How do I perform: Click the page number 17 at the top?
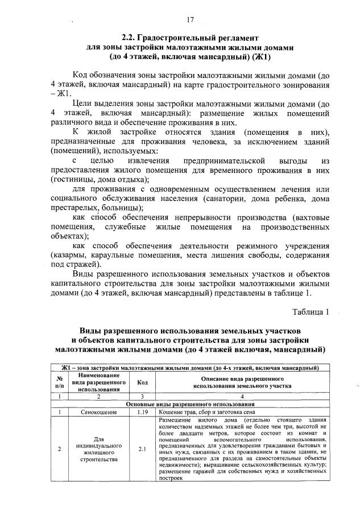190,20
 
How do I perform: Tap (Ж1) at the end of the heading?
259,57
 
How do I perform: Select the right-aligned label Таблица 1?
311,311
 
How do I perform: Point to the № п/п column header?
59,382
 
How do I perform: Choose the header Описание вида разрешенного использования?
242,382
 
